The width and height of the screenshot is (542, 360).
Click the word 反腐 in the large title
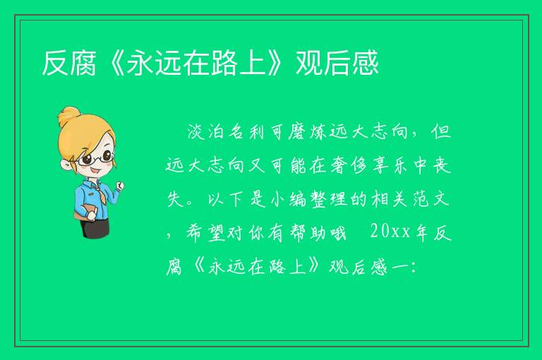[69, 63]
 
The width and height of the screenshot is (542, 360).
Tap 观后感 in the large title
[337, 63]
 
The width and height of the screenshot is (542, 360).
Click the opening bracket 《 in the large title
[112, 63]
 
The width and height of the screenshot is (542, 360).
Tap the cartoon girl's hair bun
[68, 116]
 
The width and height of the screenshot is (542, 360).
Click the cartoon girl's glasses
[96, 158]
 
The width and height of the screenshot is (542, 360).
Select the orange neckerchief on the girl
[100, 191]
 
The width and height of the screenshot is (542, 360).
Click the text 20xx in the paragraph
[390, 232]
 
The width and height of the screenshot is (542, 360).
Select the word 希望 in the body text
[207, 232]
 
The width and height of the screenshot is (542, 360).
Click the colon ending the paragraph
[414, 268]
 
